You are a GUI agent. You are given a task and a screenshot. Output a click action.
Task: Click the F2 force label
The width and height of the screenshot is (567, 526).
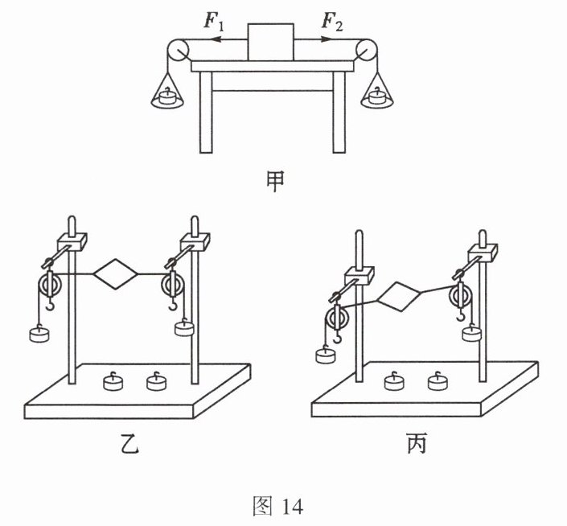tap(331, 22)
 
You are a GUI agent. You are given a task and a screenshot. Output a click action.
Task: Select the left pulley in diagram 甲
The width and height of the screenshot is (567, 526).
tap(177, 52)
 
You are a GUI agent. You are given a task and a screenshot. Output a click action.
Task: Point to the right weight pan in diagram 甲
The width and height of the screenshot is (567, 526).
tap(376, 98)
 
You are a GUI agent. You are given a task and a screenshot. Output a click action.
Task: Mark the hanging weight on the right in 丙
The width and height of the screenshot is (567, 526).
tap(471, 331)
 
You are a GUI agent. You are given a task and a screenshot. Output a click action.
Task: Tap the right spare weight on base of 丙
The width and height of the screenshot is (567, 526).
tap(437, 381)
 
